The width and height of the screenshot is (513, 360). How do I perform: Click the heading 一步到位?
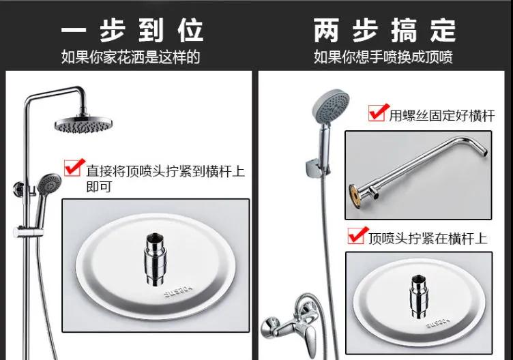[132, 31]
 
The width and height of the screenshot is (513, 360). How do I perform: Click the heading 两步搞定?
[385, 31]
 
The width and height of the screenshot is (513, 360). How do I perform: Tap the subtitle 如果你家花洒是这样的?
[130, 57]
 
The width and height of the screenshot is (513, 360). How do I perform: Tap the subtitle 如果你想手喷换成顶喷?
[383, 57]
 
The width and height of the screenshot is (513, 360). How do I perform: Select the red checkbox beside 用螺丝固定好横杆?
[378, 112]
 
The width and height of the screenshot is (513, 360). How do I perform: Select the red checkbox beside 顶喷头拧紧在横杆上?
[357, 235]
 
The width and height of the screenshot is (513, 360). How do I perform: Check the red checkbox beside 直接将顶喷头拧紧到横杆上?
[74, 168]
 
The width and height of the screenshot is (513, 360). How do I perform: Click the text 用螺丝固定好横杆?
[442, 116]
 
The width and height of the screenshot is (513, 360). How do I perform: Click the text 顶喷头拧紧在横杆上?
[428, 239]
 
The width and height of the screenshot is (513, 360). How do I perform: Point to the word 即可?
[99, 187]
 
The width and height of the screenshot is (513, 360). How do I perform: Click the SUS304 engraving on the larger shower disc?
[179, 290]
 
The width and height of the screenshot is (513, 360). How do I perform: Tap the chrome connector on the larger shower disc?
[156, 259]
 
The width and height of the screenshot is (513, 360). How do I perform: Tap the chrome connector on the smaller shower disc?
[419, 296]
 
